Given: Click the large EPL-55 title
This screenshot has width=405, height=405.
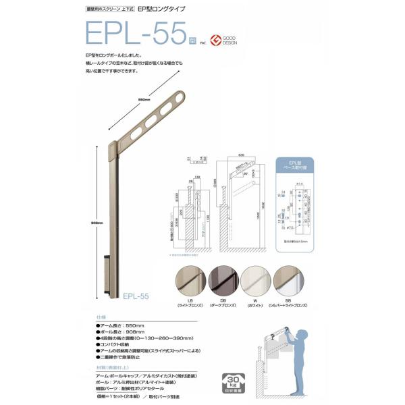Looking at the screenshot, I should [x=132, y=33].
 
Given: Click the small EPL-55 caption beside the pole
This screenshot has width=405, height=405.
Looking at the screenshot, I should [x=135, y=295].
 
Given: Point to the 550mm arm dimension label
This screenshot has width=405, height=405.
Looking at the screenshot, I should [x=144, y=100].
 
